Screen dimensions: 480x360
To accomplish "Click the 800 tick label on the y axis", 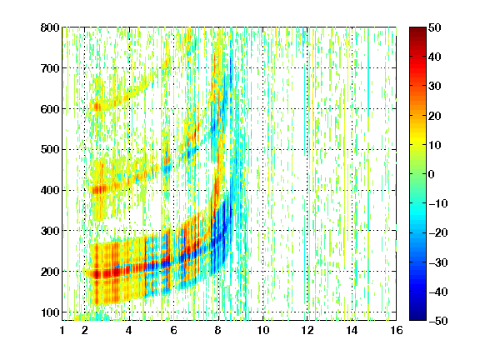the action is point(50,27).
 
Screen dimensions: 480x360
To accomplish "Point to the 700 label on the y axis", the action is point(50,68).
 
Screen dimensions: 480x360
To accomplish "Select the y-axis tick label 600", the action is point(50,109).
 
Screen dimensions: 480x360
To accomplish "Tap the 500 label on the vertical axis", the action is point(50,150).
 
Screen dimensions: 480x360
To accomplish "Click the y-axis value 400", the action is point(50,190).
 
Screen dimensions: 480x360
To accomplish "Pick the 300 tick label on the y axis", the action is point(50,231).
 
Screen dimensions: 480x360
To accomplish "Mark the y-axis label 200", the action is point(50,272).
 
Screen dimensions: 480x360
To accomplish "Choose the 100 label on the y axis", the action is point(50,312).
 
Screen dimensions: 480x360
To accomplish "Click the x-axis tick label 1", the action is point(62,330).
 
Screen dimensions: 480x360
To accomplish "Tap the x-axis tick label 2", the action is point(85,330).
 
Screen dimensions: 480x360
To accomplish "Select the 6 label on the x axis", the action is point(174,330).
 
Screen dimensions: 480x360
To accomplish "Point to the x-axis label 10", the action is point(263,330).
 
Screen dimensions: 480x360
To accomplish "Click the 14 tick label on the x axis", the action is point(352,330).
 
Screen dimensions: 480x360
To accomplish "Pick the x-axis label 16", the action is point(397,330).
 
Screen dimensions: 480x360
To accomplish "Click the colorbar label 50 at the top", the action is point(434,27).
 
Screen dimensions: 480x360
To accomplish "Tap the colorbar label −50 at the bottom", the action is point(438,321).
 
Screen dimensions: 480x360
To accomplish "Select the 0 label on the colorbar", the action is point(432,174).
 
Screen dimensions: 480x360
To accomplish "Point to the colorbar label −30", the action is point(438,262).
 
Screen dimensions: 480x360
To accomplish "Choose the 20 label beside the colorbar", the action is point(434,116).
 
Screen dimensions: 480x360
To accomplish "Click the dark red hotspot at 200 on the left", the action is point(97,273).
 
